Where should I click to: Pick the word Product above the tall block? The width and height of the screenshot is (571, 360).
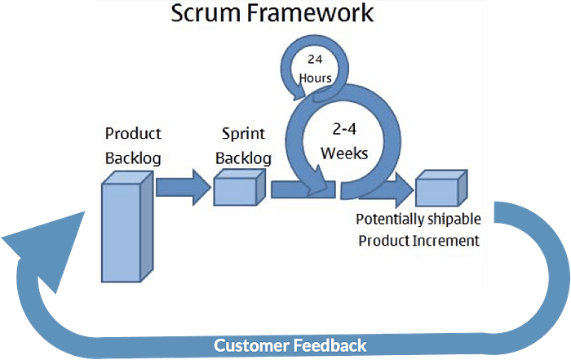[133, 133]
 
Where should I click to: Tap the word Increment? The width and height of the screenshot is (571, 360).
[447, 241]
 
